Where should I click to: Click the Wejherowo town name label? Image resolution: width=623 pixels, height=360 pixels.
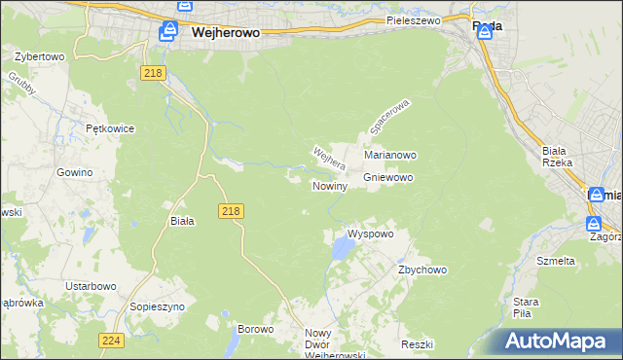coord(225,31)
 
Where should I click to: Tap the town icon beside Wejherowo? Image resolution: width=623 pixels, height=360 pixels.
coord(168,33)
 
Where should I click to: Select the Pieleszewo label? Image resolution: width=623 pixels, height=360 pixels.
coord(413,19)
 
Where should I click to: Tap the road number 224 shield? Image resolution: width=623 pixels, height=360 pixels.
coord(110,340)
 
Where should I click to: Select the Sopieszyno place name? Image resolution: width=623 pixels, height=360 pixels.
coord(157,306)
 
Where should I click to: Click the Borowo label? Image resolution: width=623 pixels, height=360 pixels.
coord(256,329)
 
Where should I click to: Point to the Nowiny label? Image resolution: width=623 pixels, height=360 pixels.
coord(330,185)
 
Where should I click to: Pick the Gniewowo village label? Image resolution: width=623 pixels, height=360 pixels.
coord(388,178)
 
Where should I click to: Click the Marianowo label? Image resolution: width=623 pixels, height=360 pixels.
coord(390,155)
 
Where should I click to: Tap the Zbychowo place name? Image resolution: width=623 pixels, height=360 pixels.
coord(421,270)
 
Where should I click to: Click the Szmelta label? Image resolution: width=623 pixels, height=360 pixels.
coord(556,261)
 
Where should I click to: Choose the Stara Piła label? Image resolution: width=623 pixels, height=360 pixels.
coord(527,307)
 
